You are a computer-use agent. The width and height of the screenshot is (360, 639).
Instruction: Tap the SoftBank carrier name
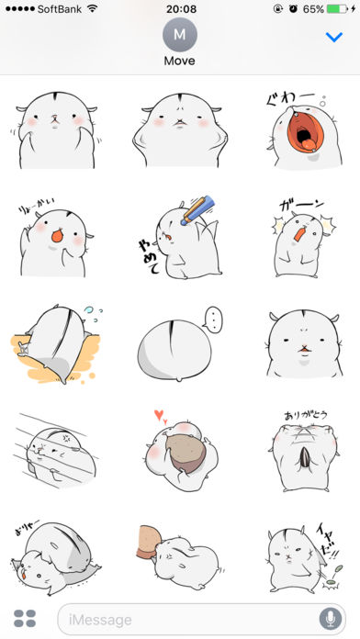(63, 8)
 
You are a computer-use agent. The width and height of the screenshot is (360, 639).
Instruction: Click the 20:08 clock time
(180, 8)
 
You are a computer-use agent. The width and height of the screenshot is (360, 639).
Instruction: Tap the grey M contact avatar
(180, 36)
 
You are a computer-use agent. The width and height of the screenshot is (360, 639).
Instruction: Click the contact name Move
(180, 62)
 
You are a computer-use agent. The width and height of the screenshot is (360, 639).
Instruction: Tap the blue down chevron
(334, 37)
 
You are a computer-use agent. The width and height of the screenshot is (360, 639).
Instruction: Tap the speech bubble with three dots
(214, 321)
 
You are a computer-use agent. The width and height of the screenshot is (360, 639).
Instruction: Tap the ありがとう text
(300, 415)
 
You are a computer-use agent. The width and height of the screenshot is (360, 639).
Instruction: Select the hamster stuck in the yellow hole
(55, 344)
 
